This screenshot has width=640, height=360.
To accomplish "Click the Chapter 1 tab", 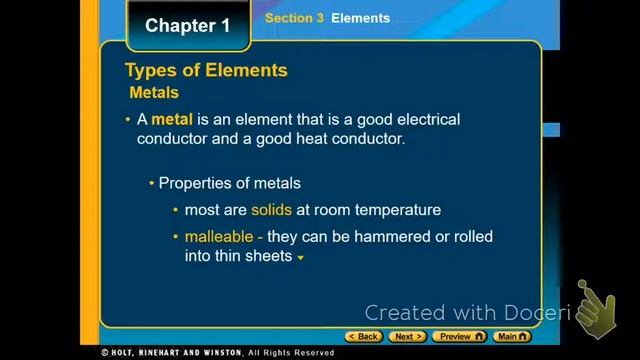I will click(181, 26).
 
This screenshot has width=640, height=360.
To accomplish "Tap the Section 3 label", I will click(294, 18).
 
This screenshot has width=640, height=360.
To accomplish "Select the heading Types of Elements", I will click(206, 70).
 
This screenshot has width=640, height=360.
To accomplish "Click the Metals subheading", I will click(154, 93).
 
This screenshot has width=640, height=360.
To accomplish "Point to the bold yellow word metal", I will click(171, 120).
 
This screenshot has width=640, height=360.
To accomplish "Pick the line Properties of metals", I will click(229, 184).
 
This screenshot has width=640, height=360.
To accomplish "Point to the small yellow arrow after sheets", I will click(300, 258).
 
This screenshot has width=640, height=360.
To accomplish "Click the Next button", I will click(407, 337).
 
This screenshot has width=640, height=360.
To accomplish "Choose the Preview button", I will click(459, 337).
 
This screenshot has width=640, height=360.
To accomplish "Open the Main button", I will click(512, 337).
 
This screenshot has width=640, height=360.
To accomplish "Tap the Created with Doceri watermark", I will click(466, 312).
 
